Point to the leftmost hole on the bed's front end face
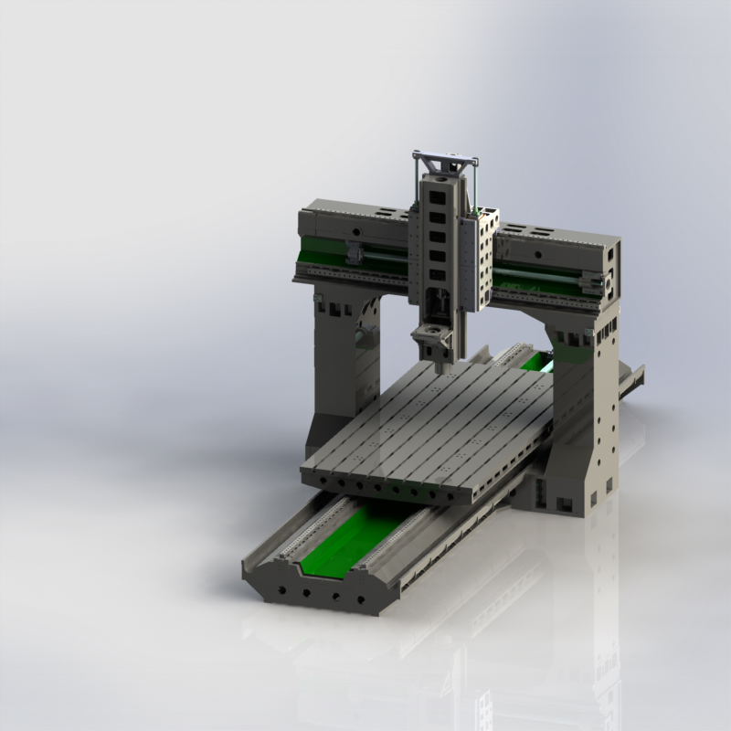(x=277, y=588)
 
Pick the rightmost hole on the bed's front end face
(x=361, y=600)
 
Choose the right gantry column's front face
(x=576, y=420)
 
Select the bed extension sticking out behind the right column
(x=630, y=379)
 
